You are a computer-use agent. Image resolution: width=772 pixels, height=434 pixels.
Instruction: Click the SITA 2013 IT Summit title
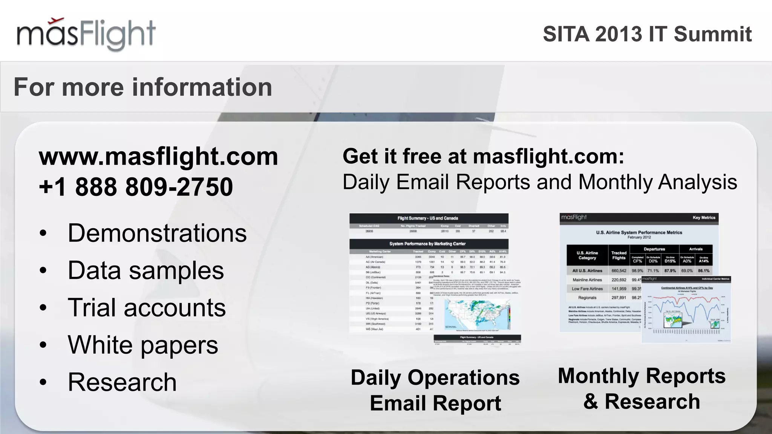(647, 34)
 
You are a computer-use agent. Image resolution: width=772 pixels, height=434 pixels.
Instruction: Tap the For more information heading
(143, 87)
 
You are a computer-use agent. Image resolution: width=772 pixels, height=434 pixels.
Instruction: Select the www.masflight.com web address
(158, 156)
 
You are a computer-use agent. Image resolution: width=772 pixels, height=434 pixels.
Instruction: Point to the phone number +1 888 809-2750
(136, 187)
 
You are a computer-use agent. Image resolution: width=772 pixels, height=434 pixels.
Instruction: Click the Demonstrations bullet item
(157, 233)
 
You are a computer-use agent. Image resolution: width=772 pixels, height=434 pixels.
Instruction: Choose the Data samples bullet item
(146, 270)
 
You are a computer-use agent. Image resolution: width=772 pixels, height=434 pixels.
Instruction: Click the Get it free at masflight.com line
(483, 156)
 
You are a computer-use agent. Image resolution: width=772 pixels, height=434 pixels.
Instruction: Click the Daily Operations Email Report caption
(435, 390)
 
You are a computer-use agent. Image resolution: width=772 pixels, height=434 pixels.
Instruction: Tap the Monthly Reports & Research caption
(642, 388)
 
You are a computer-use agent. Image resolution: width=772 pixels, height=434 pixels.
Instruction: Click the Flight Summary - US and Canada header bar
(428, 218)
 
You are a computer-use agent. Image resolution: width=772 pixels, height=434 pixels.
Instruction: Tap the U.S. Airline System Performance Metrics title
(639, 232)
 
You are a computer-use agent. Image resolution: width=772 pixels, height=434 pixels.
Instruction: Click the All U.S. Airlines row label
(587, 270)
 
